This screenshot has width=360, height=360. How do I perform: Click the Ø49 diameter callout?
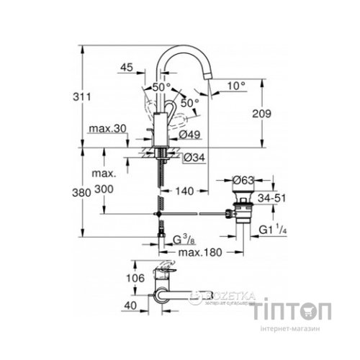tap(189, 134)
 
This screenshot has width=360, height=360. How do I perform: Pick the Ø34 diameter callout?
tap(189, 158)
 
